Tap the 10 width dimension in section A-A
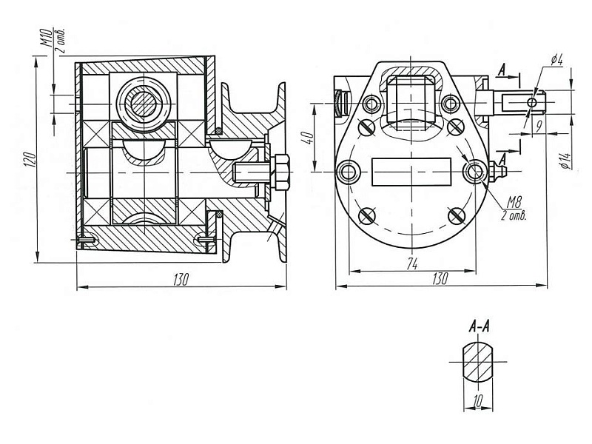[x=479, y=400]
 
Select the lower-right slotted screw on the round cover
[x=455, y=215]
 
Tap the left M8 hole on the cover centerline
[x=348, y=172]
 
